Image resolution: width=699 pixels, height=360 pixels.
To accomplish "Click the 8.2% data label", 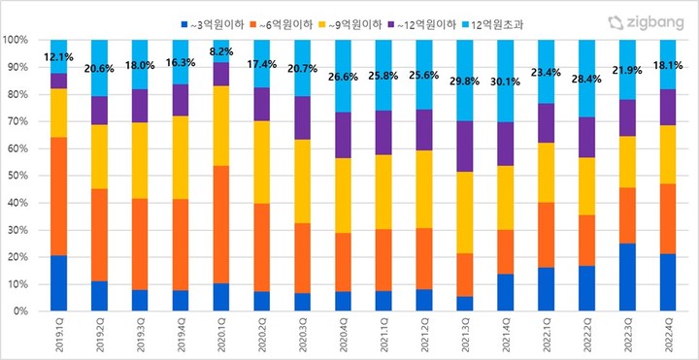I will tap(222, 51).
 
